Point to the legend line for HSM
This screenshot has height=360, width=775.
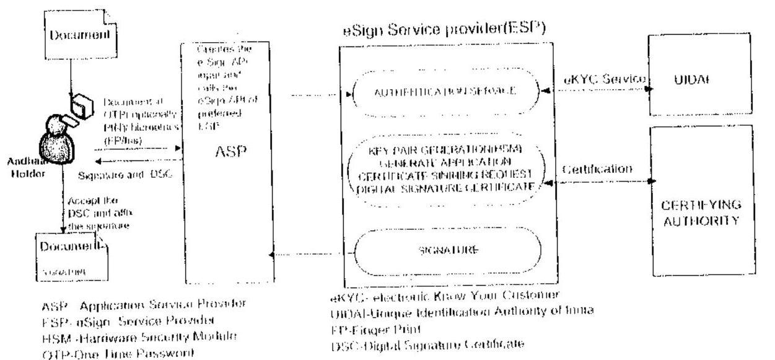[112, 335]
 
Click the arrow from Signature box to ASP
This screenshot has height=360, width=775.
[307, 253]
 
